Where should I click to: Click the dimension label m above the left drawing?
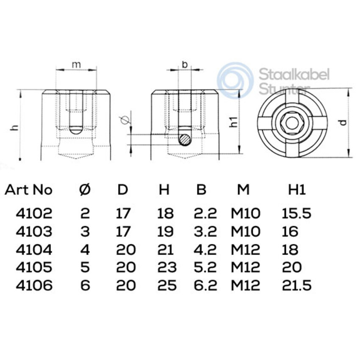(76, 64)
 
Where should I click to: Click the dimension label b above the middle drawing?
(184, 64)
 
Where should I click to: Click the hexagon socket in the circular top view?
(292, 122)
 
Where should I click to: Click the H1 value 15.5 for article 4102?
(296, 213)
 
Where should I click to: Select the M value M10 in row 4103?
(245, 231)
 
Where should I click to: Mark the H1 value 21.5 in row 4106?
(296, 285)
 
